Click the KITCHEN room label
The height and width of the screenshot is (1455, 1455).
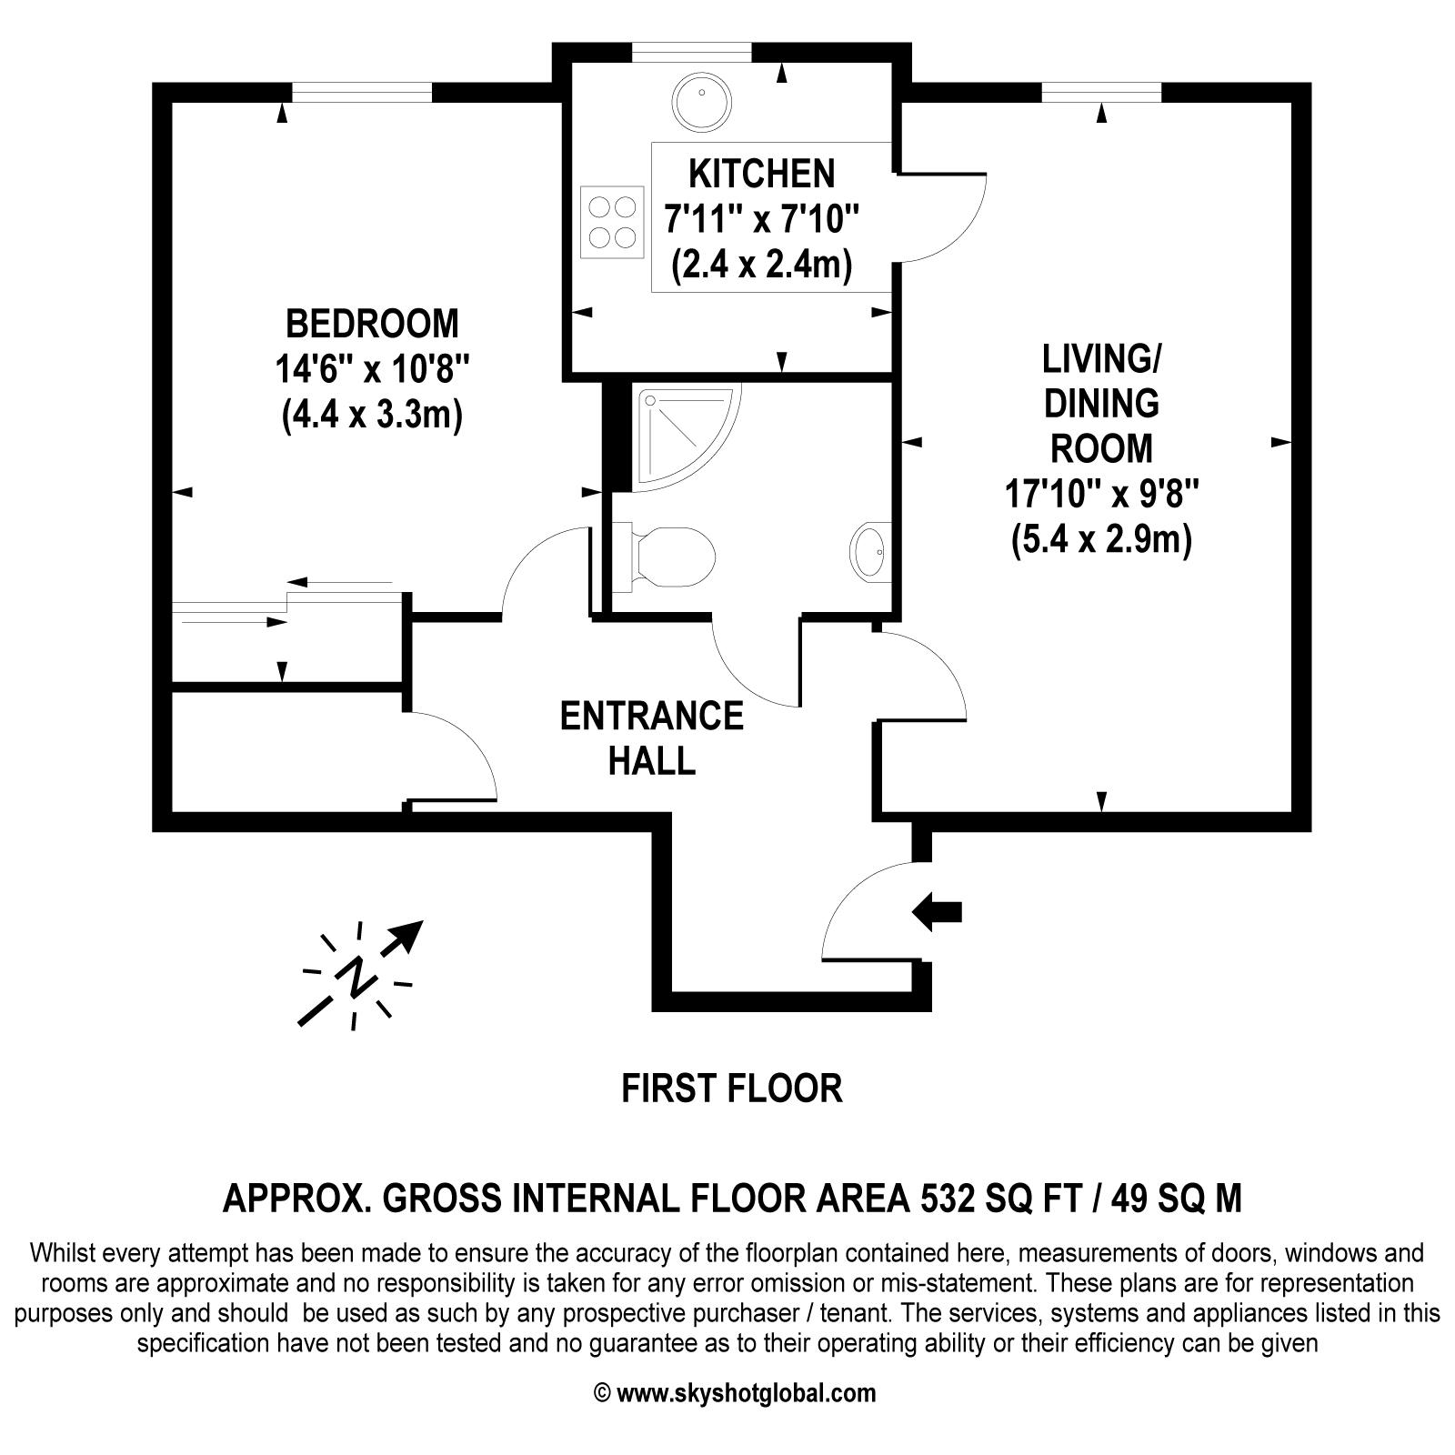click(x=761, y=173)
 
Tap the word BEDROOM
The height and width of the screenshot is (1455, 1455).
click(x=373, y=324)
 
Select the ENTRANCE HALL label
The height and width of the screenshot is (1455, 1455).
click(x=652, y=738)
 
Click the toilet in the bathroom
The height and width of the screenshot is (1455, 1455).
click(x=664, y=555)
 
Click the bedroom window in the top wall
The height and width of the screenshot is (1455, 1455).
click(x=362, y=92)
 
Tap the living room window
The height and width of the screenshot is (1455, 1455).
click(x=1101, y=92)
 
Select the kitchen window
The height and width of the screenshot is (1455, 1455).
click(x=692, y=53)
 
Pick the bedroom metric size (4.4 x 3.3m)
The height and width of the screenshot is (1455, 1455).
click(x=373, y=415)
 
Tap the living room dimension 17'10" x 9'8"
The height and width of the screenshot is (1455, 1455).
click(x=1101, y=496)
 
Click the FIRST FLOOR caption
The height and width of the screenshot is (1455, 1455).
click(x=732, y=1088)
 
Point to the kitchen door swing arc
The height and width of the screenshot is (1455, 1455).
click(x=955, y=216)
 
